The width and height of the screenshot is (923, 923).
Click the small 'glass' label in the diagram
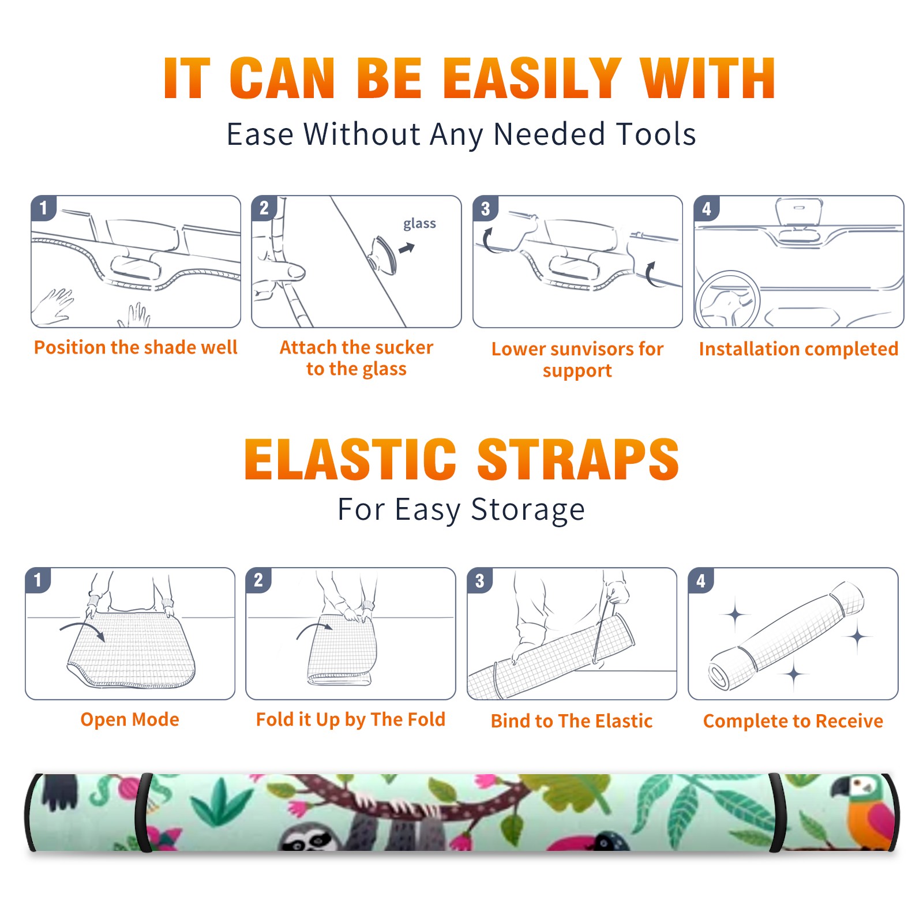(x=419, y=224)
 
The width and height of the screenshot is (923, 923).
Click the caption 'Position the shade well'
(x=136, y=347)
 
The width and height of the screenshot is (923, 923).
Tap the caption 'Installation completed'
(x=798, y=348)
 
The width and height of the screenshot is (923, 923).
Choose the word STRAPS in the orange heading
(x=578, y=459)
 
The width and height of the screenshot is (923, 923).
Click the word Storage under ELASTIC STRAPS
(x=528, y=510)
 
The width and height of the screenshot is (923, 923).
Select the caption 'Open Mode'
(x=130, y=719)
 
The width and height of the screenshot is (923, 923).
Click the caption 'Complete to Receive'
(x=793, y=721)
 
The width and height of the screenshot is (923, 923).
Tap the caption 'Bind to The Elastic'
(x=572, y=721)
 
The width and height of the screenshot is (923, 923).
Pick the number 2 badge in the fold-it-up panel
(x=258, y=580)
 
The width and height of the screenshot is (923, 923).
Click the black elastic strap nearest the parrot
(x=776, y=813)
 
